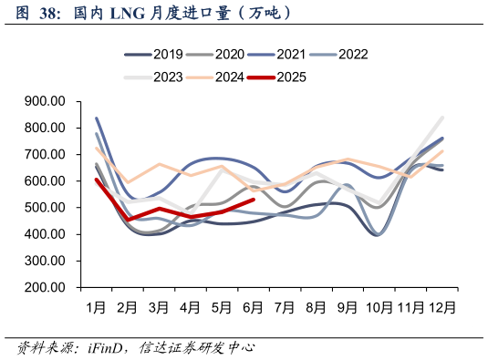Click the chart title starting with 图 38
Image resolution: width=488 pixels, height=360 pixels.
pos(155,13)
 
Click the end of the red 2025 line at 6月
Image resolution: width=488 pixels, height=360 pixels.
pos(254,200)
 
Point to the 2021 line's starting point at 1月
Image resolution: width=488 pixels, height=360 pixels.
pos(96,118)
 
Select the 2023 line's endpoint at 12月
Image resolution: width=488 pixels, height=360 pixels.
pos(443,117)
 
